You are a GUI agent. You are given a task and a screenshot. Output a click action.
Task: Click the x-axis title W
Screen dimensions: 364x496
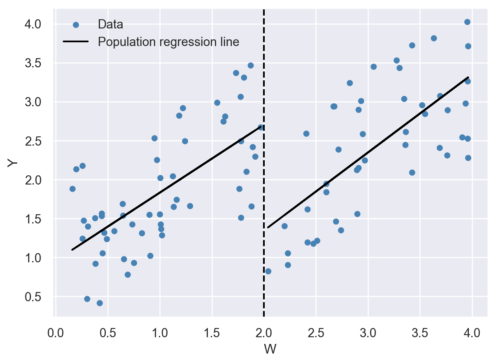pos(270,349)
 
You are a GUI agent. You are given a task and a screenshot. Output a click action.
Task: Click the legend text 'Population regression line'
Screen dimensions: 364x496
pos(168,42)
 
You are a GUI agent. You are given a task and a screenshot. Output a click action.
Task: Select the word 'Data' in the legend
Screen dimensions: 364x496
pos(110,24)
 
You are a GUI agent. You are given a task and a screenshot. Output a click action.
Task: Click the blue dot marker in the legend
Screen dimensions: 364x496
pos(76,25)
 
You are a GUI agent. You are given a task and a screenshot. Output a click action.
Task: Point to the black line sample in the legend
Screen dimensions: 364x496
pos(76,42)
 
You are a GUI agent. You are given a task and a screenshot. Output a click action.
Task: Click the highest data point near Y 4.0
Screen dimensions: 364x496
pos(467,22)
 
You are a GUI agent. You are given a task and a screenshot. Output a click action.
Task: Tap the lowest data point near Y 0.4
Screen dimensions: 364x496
pos(100,303)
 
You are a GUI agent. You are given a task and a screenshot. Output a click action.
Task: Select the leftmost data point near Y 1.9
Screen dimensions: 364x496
pos(72,189)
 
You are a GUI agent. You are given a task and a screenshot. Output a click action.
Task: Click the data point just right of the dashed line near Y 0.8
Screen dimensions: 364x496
pos(268,271)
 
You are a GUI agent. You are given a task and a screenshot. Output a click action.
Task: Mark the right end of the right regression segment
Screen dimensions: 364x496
pos(468,77)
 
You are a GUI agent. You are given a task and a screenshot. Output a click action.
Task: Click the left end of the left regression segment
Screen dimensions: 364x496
pos(72,250)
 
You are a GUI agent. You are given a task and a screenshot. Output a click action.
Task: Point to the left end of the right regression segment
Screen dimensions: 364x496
pos(268,227)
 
